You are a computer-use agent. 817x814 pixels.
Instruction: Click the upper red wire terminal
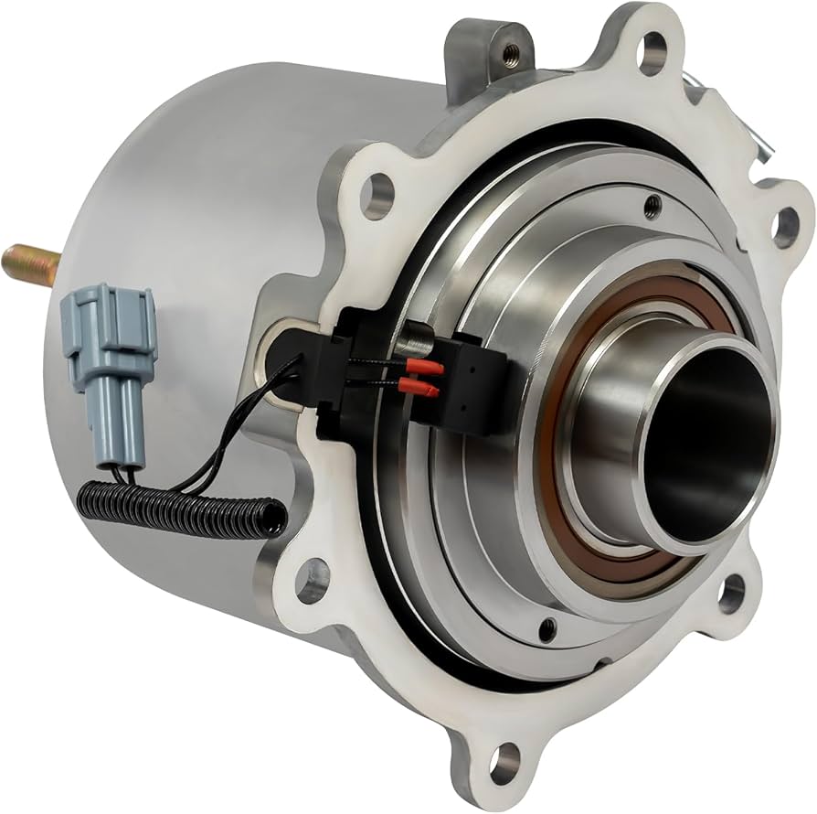[x=429, y=369]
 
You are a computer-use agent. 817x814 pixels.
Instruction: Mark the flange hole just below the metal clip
[x=784, y=222]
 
